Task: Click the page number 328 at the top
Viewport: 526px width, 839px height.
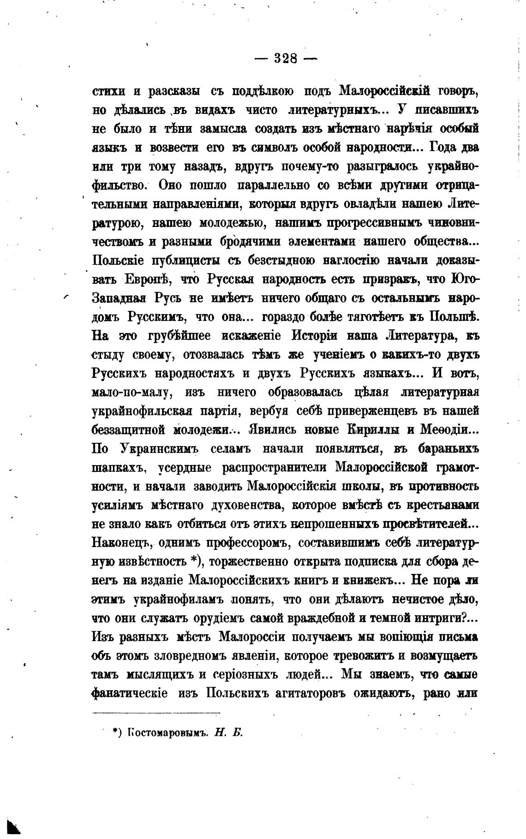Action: pos(286,58)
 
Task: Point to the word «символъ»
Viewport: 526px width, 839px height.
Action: pos(267,148)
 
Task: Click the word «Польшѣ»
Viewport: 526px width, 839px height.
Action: pos(456,317)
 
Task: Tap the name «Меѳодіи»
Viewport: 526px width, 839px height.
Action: pos(450,429)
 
